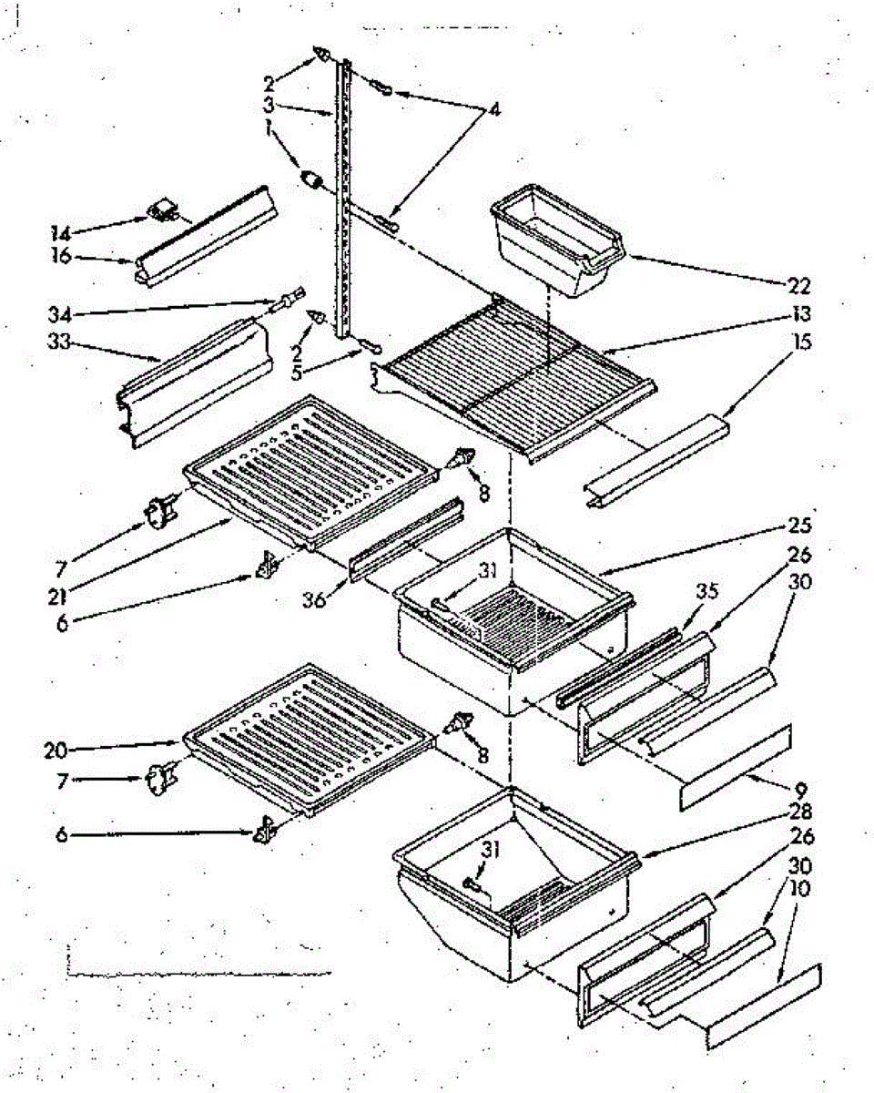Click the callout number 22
click(798, 286)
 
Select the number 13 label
click(801, 315)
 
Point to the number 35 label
click(708, 589)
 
